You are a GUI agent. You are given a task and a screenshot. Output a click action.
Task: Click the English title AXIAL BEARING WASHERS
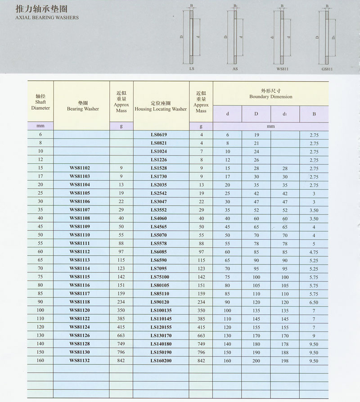pos(47,18)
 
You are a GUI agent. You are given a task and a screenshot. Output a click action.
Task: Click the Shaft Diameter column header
pos(40,102)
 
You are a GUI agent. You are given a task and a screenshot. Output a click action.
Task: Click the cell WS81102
pos(80,168)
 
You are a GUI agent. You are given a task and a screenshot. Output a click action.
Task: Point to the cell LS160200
pos(161,360)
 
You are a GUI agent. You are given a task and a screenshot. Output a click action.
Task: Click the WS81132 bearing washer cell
pos(80,360)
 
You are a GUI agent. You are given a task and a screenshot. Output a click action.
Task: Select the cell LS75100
pos(161,277)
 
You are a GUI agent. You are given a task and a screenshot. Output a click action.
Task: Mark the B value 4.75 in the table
pos(314,252)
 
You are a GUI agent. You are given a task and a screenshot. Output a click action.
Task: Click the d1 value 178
pos(285,344)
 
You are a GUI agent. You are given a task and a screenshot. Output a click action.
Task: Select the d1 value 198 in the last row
pos(285,360)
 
